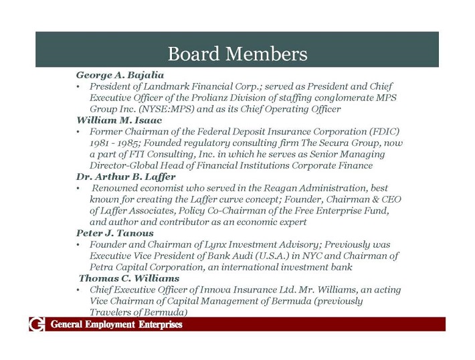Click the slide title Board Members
(237, 53)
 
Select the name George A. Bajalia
(120, 75)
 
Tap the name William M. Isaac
(119, 120)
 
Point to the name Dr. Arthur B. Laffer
(126, 177)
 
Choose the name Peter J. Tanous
(114, 233)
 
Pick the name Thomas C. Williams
(129, 278)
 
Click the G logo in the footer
(36, 325)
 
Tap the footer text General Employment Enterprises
(116, 325)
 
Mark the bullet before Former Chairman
(79, 132)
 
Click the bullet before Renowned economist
(79, 189)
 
